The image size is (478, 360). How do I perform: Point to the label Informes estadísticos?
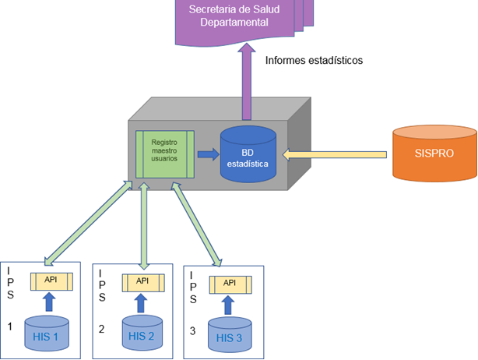[x=315, y=60]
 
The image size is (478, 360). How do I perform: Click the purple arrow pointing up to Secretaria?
[x=248, y=82]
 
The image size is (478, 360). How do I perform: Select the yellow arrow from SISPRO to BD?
[x=336, y=154]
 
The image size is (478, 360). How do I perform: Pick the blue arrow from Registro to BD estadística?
[x=208, y=154]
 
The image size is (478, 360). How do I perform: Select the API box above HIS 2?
[x=142, y=281]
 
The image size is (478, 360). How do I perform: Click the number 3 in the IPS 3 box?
[x=192, y=330]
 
